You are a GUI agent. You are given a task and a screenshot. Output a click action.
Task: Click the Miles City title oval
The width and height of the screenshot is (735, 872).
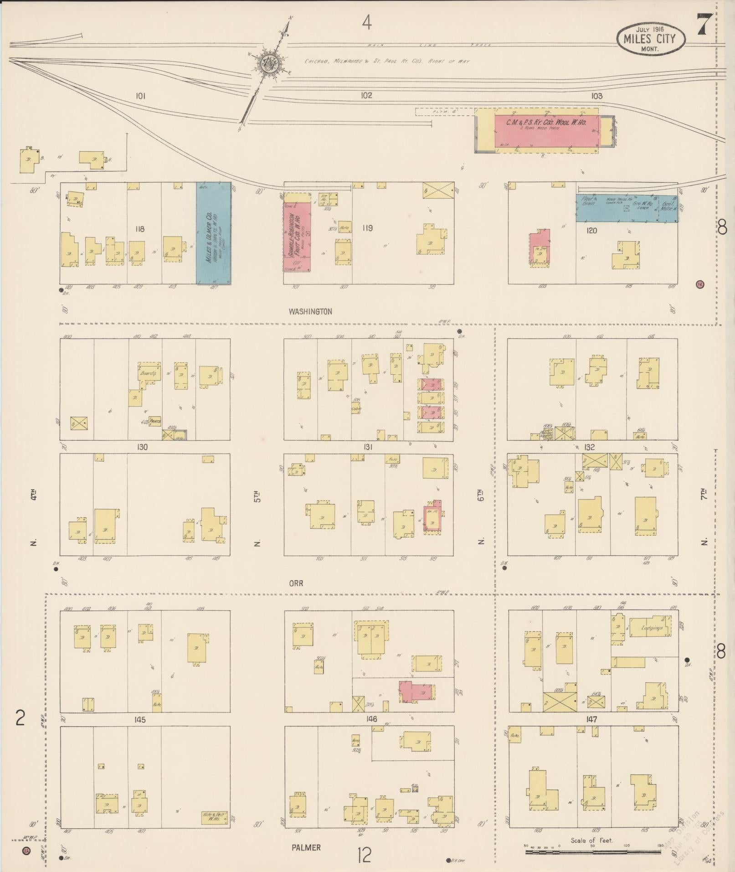click(x=651, y=39)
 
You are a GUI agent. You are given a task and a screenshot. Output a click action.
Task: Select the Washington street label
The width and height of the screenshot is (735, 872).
click(x=310, y=312)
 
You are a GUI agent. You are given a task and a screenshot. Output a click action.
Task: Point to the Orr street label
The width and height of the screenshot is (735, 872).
click(x=296, y=583)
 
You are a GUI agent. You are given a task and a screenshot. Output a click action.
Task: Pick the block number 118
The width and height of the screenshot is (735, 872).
click(x=140, y=228)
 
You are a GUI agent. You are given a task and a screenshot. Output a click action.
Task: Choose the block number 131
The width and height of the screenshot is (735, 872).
click(x=368, y=447)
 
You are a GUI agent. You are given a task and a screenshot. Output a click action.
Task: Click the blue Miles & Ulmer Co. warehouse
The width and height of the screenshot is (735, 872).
click(x=213, y=233)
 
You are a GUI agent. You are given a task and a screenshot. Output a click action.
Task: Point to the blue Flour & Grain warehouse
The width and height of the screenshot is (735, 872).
click(x=627, y=209)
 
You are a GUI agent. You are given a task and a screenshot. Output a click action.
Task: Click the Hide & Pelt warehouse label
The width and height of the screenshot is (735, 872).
click(x=215, y=818)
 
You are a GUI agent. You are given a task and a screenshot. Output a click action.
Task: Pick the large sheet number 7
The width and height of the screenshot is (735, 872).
click(x=704, y=25)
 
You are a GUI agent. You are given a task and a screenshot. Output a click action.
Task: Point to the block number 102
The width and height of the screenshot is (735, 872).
click(x=366, y=96)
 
